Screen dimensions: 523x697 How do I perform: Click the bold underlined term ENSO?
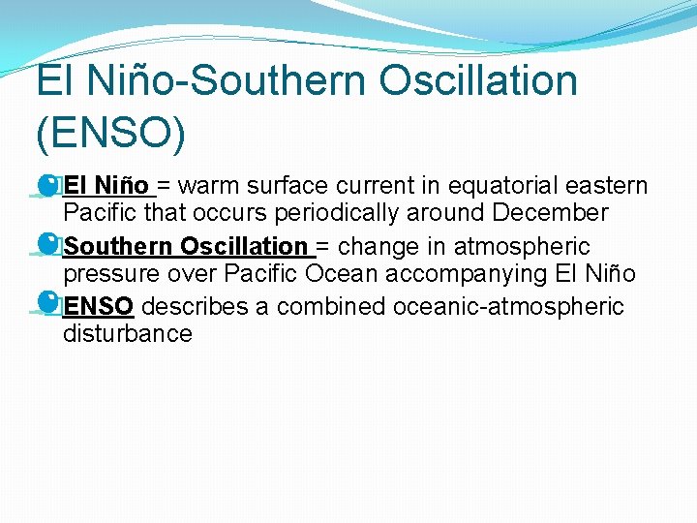(98, 307)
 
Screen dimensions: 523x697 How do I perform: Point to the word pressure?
(106, 274)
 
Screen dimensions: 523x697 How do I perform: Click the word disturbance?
(128, 334)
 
